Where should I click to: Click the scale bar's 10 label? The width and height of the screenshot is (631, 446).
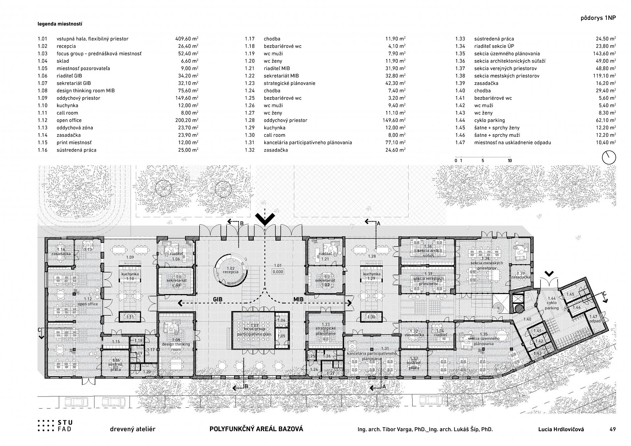pyautogui.click(x=510, y=161)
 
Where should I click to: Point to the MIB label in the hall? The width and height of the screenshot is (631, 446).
pyautogui.click(x=298, y=299)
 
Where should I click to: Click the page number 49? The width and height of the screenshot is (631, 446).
pyautogui.click(x=612, y=429)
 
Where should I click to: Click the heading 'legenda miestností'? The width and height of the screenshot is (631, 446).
pyautogui.click(x=60, y=24)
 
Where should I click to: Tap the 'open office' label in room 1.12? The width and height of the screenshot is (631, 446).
pyautogui.click(x=88, y=304)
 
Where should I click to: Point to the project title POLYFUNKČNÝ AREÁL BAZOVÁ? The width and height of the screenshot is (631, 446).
pyautogui.click(x=256, y=429)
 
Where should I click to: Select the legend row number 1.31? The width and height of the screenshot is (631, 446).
pyautogui.click(x=249, y=142)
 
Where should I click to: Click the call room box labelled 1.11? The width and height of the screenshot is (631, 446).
pyautogui.click(x=130, y=317)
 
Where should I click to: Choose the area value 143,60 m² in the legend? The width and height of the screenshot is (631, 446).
pyautogui.click(x=606, y=54)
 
